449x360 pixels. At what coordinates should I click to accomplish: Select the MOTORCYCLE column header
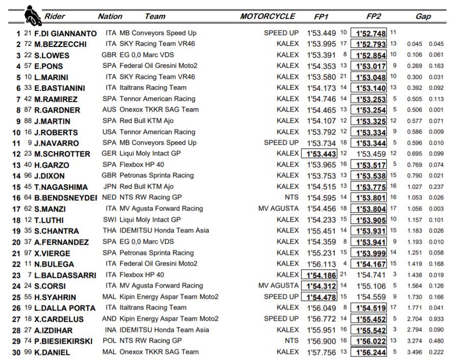pyautogui.click(x=267, y=16)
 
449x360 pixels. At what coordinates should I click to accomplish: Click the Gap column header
pyautogui.click(x=423, y=17)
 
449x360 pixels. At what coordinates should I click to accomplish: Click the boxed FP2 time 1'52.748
pyautogui.click(x=371, y=33)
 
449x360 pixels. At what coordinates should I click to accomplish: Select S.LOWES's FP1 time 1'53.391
pyautogui.click(x=321, y=55)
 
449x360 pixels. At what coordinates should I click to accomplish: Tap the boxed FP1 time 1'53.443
pyautogui.click(x=320, y=154)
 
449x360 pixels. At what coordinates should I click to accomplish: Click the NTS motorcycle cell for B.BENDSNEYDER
pyautogui.click(x=292, y=198)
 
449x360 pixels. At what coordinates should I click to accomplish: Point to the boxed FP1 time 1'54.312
pyautogui.click(x=320, y=286)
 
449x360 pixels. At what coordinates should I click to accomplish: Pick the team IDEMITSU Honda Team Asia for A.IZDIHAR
pyautogui.click(x=164, y=330)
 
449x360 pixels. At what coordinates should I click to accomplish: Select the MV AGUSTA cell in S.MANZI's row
pyautogui.click(x=279, y=209)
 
